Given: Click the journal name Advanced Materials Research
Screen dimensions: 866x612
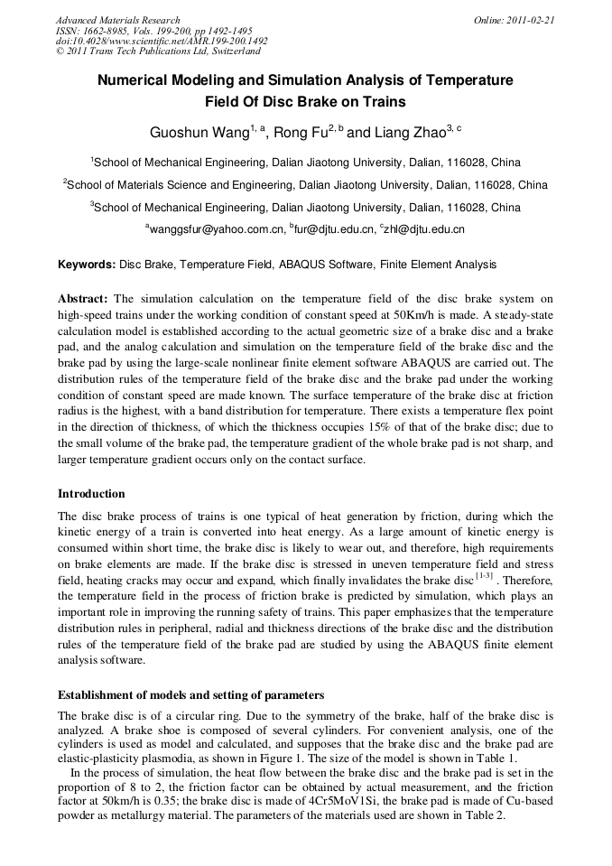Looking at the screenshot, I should (117, 20).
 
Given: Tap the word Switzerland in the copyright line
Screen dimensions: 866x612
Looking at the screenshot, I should (227, 51).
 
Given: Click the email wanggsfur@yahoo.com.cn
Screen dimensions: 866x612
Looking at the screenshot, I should (215, 229).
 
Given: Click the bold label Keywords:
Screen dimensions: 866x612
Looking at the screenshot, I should (87, 265).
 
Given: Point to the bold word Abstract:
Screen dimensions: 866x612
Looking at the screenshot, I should (83, 299).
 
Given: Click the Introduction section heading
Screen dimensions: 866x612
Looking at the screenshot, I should (92, 494).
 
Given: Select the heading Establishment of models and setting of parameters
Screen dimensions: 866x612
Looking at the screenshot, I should (190, 695).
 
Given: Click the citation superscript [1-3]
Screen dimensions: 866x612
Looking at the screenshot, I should (486, 574).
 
